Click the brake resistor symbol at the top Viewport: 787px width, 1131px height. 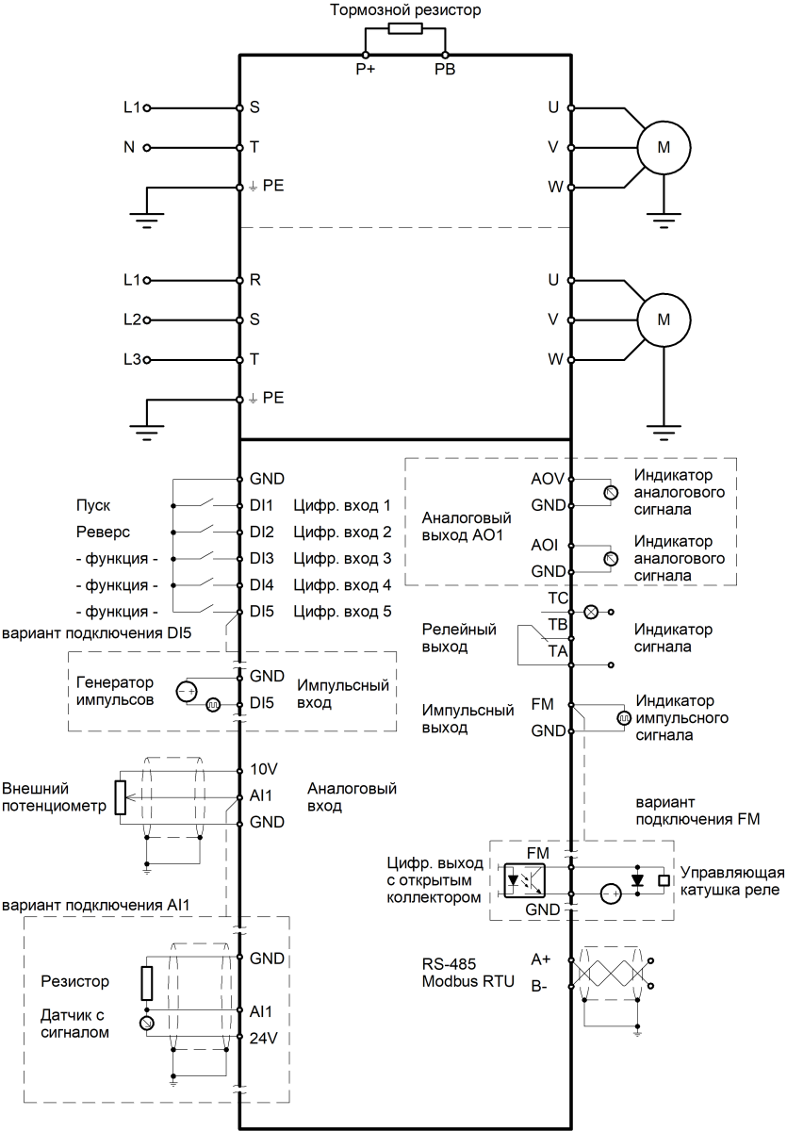pyautogui.click(x=404, y=28)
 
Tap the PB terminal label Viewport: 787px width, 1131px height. pyautogui.click(x=444, y=69)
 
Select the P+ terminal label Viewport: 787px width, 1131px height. pyautogui.click(x=366, y=69)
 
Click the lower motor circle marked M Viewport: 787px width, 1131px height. pyautogui.click(x=663, y=319)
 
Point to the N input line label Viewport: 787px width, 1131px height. pyautogui.click(x=130, y=147)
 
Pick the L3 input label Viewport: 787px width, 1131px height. pyautogui.click(x=132, y=359)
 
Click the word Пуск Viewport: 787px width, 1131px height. pyautogui.click(x=90, y=505)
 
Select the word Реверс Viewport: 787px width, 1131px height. pyautogui.click(x=97, y=532)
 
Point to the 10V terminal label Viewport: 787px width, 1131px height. pyautogui.click(x=263, y=768)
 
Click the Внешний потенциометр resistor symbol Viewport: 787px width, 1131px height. pyautogui.click(x=120, y=797)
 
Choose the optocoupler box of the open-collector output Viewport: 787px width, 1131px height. pyautogui.click(x=524, y=878)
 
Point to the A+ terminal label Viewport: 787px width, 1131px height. pyautogui.click(x=541, y=959)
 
